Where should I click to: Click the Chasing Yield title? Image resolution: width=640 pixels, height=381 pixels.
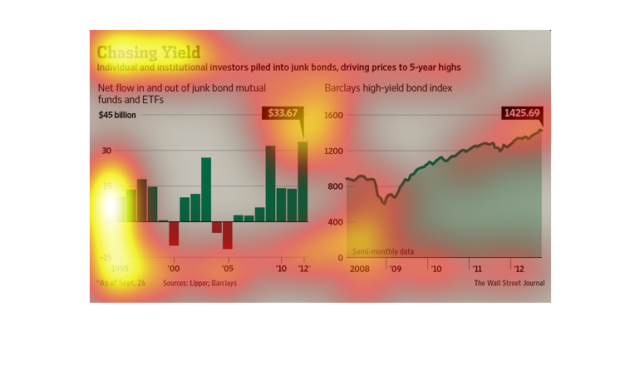point(149,51)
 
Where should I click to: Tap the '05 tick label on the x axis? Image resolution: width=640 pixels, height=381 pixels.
point(227,269)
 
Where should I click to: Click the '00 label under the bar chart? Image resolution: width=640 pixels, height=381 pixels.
point(174,269)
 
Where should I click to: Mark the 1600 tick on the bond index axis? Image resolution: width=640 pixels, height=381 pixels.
point(333,115)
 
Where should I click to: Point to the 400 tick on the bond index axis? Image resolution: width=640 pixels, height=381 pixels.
point(334,222)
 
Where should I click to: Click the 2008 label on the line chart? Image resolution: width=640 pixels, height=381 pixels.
point(359,269)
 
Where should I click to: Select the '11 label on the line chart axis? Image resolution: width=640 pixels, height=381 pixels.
point(476,269)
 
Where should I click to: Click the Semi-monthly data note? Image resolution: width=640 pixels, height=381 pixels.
point(383,251)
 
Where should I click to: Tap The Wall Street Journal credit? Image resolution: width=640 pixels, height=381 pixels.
point(510,284)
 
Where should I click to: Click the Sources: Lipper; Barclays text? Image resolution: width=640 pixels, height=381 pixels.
point(199,284)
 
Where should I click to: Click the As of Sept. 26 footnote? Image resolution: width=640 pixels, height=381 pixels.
point(123,284)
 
